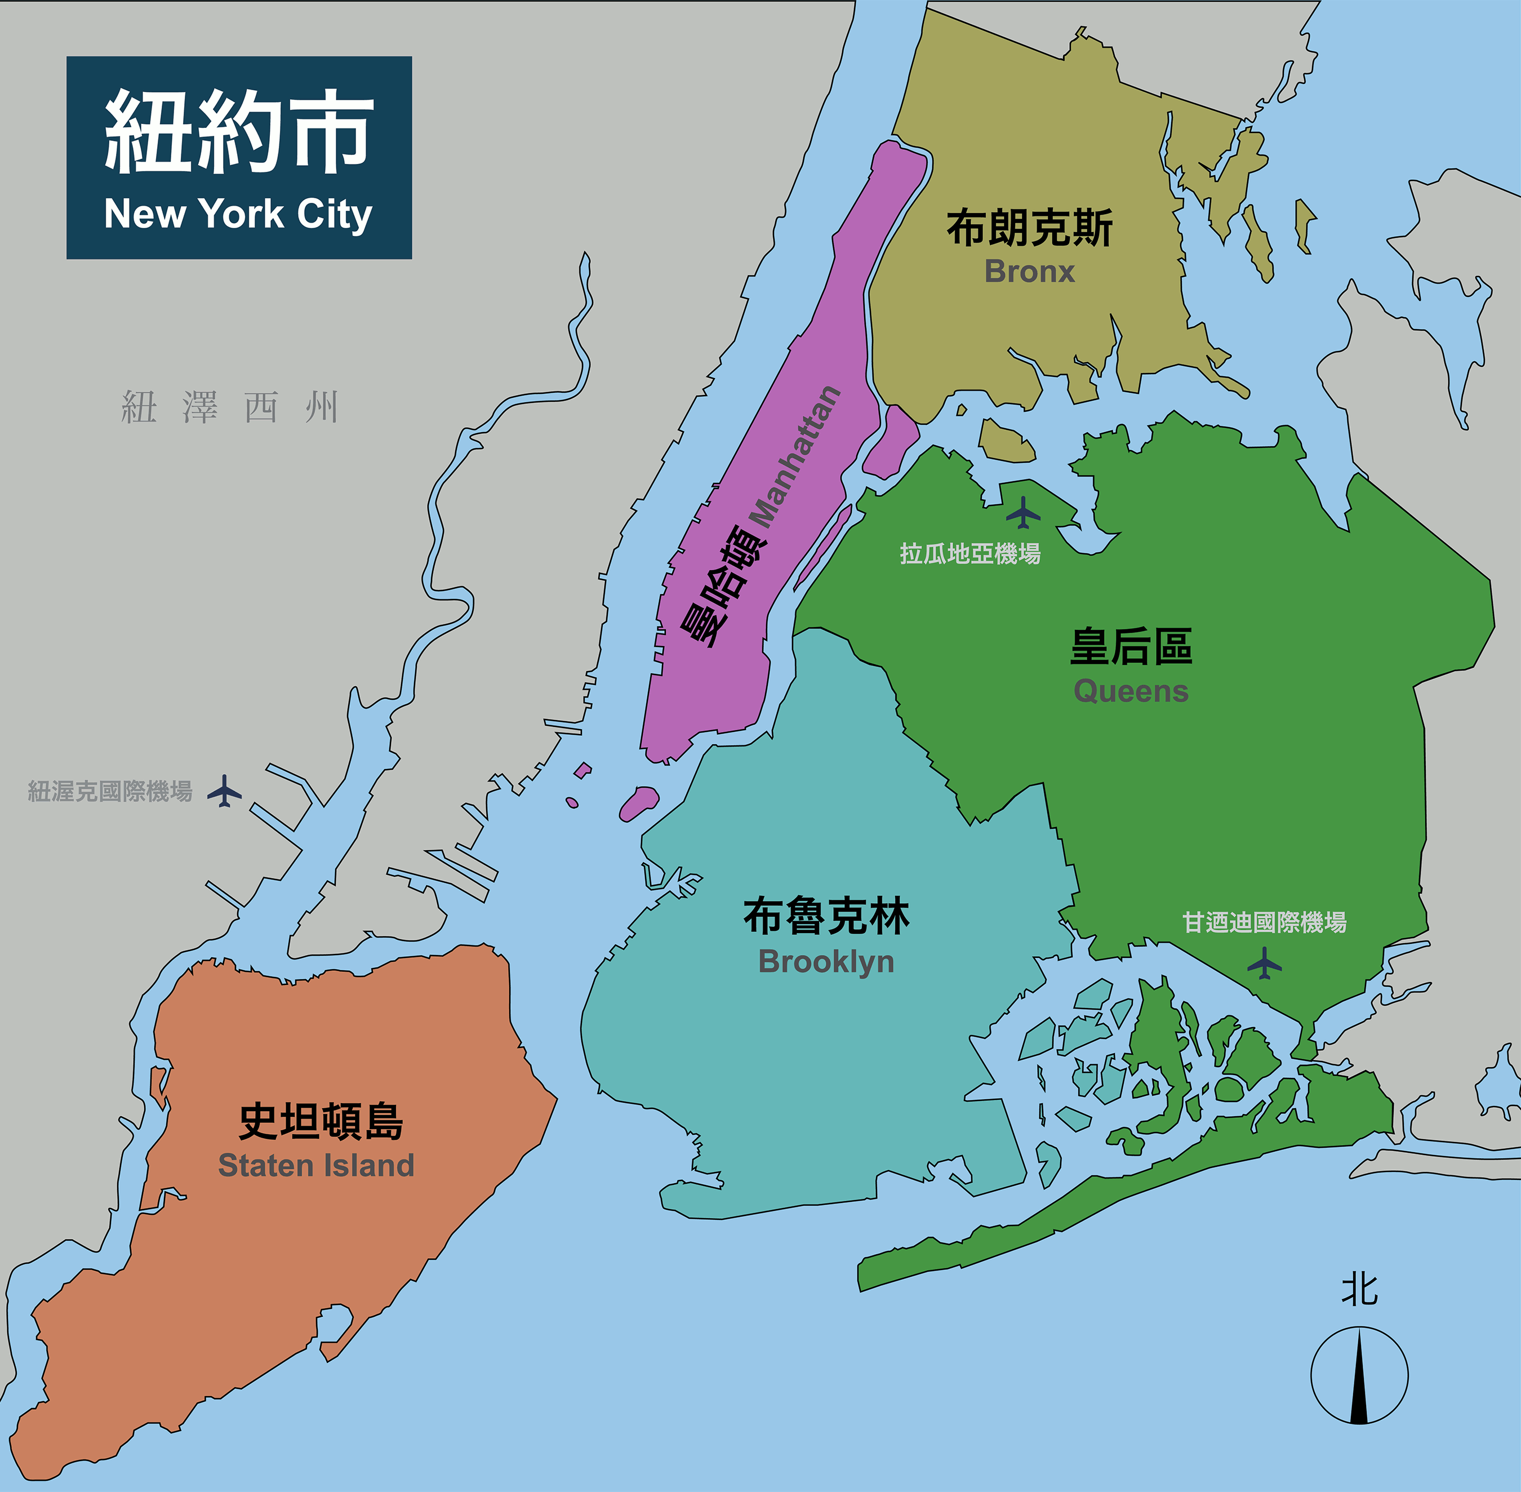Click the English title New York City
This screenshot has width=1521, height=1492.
pyautogui.click(x=238, y=214)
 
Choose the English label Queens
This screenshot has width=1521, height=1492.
pyautogui.click(x=1131, y=691)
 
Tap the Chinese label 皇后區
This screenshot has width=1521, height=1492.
pyautogui.click(x=1131, y=647)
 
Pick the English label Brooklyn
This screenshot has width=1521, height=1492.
pyautogui.click(x=826, y=961)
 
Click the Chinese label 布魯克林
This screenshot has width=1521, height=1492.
pyautogui.click(x=826, y=916)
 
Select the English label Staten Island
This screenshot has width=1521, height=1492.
pyautogui.click(x=316, y=1165)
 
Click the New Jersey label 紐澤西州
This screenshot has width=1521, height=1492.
pyautogui.click(x=230, y=407)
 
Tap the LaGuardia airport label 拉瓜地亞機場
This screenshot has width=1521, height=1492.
pyautogui.click(x=970, y=554)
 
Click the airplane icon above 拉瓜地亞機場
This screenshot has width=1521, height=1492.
pyautogui.click(x=1022, y=513)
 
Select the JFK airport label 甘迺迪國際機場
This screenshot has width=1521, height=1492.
pyautogui.click(x=1264, y=922)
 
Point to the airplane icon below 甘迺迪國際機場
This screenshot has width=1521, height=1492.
pyautogui.click(x=1264, y=963)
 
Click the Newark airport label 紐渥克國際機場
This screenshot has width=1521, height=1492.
pyautogui.click(x=110, y=792)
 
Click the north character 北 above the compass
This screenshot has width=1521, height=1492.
pyautogui.click(x=1359, y=1290)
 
